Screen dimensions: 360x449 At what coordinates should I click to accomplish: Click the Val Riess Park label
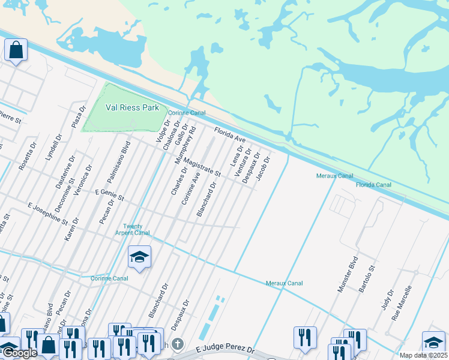click(132, 107)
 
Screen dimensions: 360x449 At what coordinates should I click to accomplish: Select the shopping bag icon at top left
click(16, 50)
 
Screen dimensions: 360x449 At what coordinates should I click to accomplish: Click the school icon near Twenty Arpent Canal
click(139, 257)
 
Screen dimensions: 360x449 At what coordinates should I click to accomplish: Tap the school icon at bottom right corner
click(433, 342)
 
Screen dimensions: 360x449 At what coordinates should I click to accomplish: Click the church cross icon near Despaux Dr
click(177, 344)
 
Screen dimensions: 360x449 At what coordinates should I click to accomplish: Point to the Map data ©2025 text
click(423, 355)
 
